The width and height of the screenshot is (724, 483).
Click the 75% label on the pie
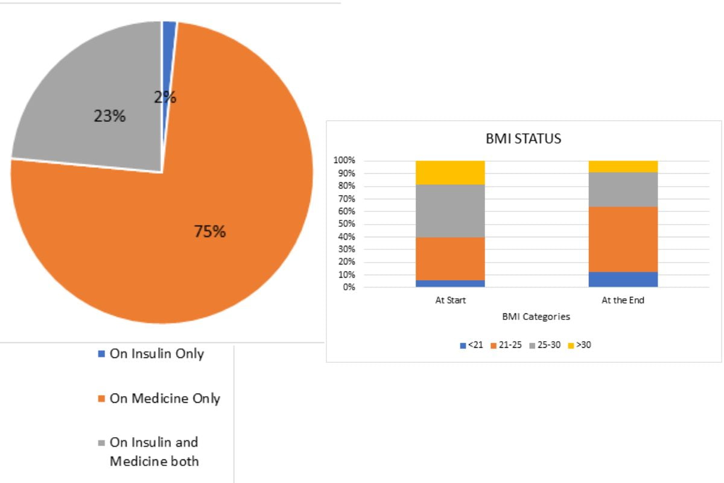pos(209,231)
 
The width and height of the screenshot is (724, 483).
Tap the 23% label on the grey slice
pos(109,117)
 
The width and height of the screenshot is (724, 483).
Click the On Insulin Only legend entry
pos(156,354)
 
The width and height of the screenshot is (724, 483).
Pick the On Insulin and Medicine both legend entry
pos(154,452)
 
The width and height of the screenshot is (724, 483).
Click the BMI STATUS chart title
pos(523,139)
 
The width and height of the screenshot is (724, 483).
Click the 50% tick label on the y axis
pos(346,224)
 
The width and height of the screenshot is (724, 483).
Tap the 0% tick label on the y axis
pos(348,287)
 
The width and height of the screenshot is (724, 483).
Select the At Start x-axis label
pos(451,300)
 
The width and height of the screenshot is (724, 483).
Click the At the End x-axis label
pos(623,300)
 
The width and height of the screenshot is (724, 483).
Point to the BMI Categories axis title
pos(536,316)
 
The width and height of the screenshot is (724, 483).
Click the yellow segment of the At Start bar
pos(451,173)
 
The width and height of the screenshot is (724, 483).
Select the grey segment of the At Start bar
pos(451,211)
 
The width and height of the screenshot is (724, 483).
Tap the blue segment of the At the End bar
pos(623,280)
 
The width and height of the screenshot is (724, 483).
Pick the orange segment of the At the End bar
pos(623,239)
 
